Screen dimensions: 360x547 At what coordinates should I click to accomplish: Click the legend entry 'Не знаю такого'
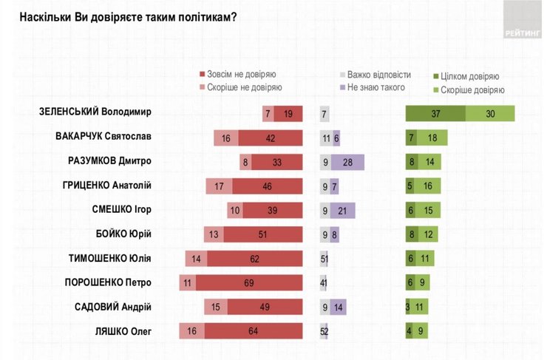pyautogui.click(x=372, y=87)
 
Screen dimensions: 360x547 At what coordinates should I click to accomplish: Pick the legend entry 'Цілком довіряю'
pyautogui.click(x=468, y=76)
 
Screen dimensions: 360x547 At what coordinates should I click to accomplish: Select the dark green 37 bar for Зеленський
pyautogui.click(x=435, y=113)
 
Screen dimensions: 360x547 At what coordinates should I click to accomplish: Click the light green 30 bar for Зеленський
pyautogui.click(x=490, y=113)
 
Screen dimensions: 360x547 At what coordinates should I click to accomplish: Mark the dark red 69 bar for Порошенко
pyautogui.click(x=248, y=282)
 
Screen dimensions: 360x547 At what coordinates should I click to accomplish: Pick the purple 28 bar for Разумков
pyautogui.click(x=348, y=162)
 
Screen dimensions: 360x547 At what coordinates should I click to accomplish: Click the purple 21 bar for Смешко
pyautogui.click(x=343, y=211)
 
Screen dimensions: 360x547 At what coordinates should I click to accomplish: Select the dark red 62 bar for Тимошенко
pyautogui.click(x=255, y=258)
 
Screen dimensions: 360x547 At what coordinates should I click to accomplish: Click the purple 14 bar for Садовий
pyautogui.click(x=339, y=307)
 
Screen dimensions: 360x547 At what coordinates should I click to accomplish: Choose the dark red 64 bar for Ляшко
pyautogui.click(x=254, y=331)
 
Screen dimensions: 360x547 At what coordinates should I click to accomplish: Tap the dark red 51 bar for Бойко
pyautogui.click(x=263, y=234)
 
